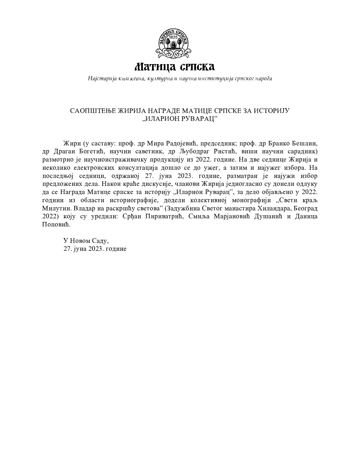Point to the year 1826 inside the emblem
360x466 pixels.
(x=173, y=37)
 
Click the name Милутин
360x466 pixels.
(x=54, y=209)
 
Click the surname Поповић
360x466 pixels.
(x=56, y=225)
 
